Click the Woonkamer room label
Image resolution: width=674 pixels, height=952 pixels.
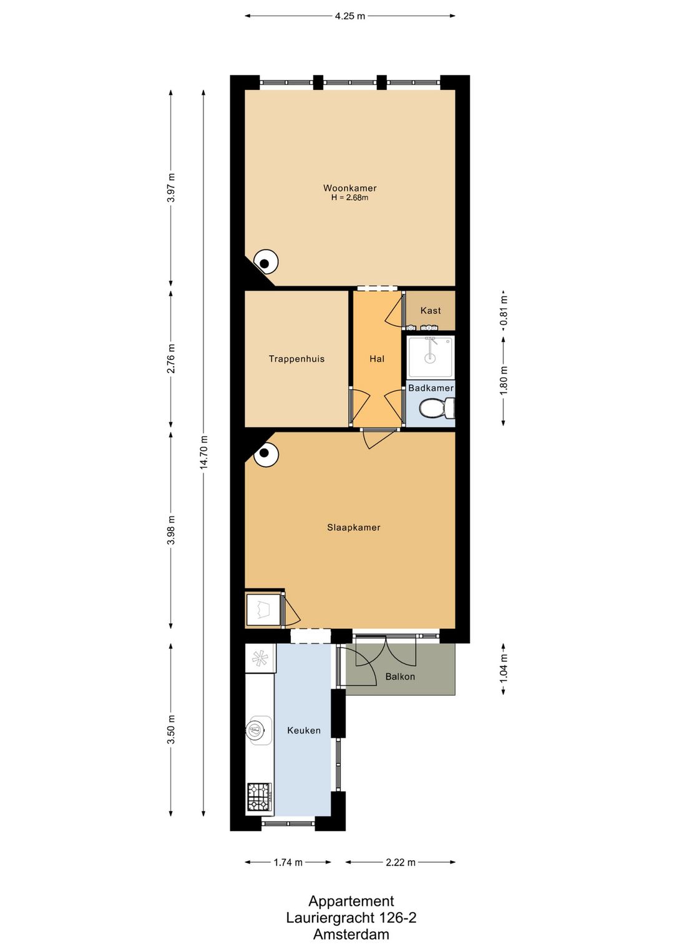tap(349, 188)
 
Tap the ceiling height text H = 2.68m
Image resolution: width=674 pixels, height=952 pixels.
tap(349, 198)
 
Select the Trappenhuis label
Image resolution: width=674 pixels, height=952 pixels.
tap(296, 359)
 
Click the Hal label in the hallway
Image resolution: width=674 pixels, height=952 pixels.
tap(377, 359)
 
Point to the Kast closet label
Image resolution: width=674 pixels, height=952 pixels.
tap(431, 311)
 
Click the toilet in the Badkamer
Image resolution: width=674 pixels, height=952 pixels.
tap(435, 409)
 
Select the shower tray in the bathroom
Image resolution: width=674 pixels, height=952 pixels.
tap(430, 357)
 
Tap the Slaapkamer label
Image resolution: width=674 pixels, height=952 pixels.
tap(353, 527)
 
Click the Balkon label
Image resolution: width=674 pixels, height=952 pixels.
tap(400, 676)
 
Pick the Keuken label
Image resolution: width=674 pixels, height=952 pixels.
tap(304, 730)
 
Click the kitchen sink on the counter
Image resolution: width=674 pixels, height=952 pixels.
tap(256, 730)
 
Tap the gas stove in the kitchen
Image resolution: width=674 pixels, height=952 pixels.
tap(260, 797)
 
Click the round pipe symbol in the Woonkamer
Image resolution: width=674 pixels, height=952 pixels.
tap(265, 263)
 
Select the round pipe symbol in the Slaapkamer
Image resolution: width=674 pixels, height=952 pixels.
tap(265, 454)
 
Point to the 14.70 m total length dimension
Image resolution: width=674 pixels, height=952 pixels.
tap(204, 452)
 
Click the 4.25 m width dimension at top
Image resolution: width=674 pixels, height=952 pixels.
tap(349, 16)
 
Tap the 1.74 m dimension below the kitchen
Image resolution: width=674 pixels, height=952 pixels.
tap(288, 862)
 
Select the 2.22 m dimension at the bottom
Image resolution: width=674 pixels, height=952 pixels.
tap(400, 862)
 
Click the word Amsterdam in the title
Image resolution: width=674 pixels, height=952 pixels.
tap(351, 934)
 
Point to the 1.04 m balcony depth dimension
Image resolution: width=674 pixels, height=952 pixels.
tap(504, 668)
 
